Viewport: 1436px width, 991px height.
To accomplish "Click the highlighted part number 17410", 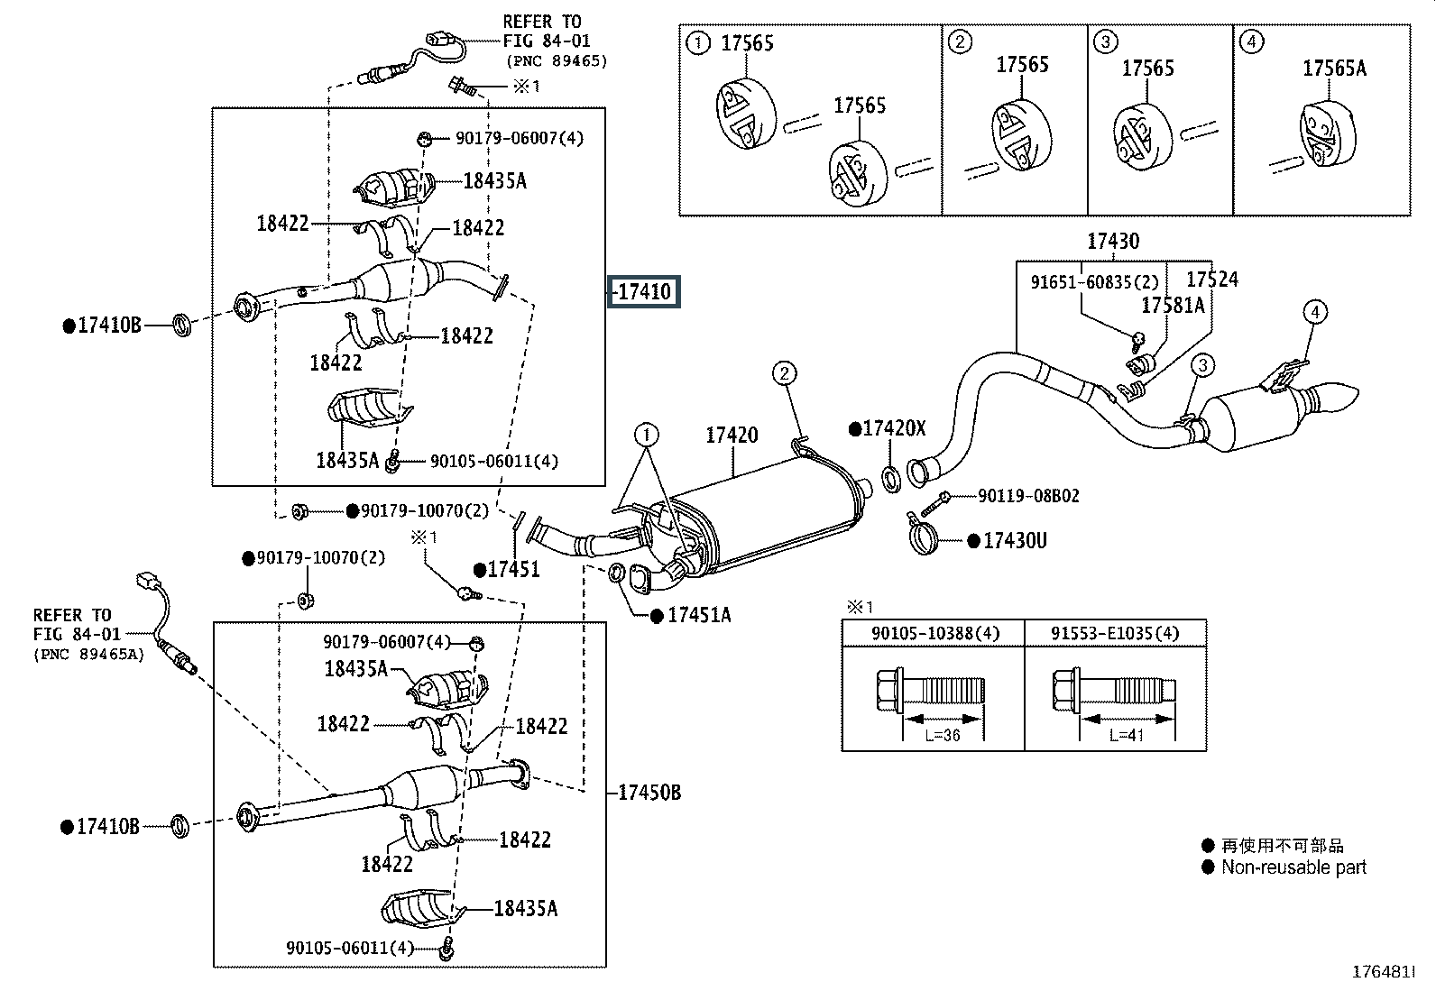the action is point(644,291).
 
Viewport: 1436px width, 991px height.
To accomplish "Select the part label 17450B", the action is point(649,793).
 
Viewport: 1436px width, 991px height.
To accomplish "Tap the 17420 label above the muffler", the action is point(732,436).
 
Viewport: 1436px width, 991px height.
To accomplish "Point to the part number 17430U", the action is point(1015,541).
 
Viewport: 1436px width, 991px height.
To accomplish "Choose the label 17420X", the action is point(894,428).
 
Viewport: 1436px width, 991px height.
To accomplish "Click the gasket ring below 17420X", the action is point(892,480).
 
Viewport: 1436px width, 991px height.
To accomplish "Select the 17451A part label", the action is point(699,615).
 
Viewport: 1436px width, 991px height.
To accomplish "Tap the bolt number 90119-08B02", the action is point(1028,496).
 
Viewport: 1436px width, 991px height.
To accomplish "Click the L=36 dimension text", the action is point(943,735).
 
